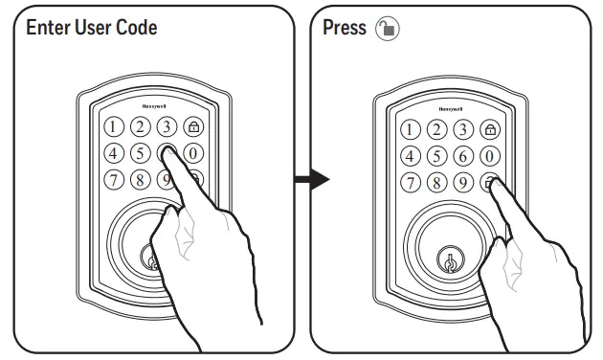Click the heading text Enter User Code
point(92,28)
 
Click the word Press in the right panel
point(345,28)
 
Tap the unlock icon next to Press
point(388,28)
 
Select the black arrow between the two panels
point(311,179)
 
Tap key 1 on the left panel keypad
point(113,126)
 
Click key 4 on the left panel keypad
point(113,153)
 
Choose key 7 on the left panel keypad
point(113,179)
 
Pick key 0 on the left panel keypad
point(194,153)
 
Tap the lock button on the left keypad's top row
point(194,126)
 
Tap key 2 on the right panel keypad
point(437,130)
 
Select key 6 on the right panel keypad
point(464,156)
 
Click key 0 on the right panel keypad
point(491,156)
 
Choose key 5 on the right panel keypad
point(437,156)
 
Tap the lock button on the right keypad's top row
point(491,130)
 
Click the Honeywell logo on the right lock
point(450,109)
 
